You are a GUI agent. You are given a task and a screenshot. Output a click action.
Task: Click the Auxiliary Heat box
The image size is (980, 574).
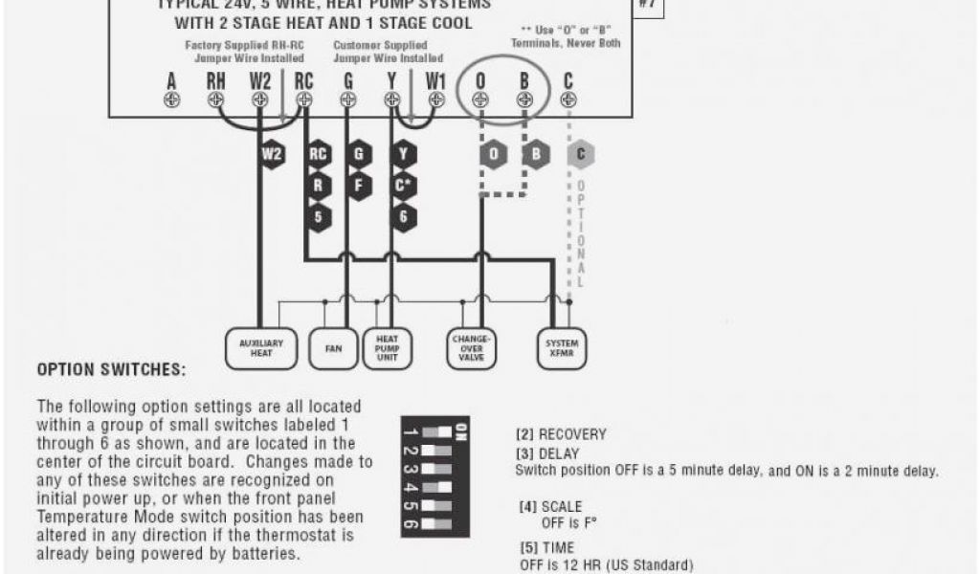coord(261,349)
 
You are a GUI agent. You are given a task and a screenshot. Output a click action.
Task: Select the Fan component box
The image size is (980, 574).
coord(333,349)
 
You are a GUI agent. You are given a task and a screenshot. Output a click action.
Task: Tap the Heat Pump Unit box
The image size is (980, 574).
coord(387,349)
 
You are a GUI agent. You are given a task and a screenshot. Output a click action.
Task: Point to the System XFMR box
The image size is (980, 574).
coord(562,349)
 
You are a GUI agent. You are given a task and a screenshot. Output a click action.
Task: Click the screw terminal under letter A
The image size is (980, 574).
coord(171,99)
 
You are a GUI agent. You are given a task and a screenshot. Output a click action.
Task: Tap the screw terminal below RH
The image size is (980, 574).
coord(216,99)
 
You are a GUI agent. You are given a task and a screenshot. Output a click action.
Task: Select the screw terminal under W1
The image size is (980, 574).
coord(435,99)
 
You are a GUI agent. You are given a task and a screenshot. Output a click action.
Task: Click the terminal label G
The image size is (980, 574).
coord(348,80)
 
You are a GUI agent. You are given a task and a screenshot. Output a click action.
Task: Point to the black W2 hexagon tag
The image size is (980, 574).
coord(271,153)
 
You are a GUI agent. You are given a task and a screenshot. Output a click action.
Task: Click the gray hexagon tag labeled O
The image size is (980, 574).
coord(493,153)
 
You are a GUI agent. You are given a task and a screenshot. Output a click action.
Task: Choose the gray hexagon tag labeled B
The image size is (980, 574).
coord(536,153)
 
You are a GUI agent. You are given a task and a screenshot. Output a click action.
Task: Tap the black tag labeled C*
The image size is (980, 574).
coord(403,185)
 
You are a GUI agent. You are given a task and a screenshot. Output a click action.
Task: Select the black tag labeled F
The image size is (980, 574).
coord(358,185)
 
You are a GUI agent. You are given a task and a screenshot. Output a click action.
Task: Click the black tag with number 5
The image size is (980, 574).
coord(319,216)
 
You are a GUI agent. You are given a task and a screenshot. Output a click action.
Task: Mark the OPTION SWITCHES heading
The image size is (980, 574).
coord(111,369)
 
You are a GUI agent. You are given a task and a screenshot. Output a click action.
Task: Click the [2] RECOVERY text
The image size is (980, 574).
coord(561,434)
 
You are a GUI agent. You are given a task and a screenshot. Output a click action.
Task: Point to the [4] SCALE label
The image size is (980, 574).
coord(550,506)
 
